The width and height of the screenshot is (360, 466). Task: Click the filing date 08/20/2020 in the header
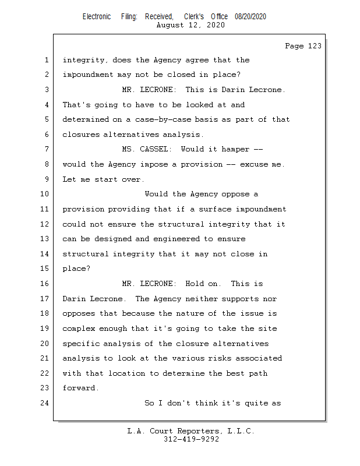coord(250,17)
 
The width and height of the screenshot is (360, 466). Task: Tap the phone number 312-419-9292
coord(191,439)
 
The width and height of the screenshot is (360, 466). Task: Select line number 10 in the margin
coord(46,194)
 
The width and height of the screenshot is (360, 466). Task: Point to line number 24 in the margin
coord(46,403)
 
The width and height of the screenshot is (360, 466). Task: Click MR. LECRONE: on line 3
coord(149,90)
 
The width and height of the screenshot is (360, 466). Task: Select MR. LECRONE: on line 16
coord(149,284)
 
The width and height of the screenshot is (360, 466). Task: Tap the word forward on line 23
coord(80,388)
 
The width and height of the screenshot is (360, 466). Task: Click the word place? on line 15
coord(76,269)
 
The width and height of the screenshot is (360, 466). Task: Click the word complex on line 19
coord(78,329)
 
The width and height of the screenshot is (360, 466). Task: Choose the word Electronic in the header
coord(97,17)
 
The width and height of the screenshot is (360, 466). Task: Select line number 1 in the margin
coord(46,60)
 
